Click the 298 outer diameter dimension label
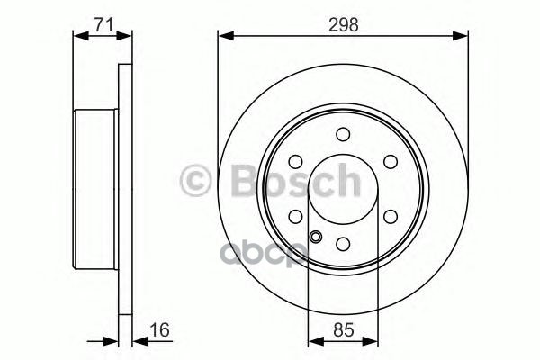click(343, 25)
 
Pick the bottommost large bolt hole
click(343, 244)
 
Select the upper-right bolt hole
click(391, 162)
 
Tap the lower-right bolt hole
click(391, 217)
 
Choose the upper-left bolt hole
click(295, 162)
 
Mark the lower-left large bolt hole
click(295, 217)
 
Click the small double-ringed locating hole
click(315, 238)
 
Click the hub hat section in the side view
click(94, 189)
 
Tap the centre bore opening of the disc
click(343, 189)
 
